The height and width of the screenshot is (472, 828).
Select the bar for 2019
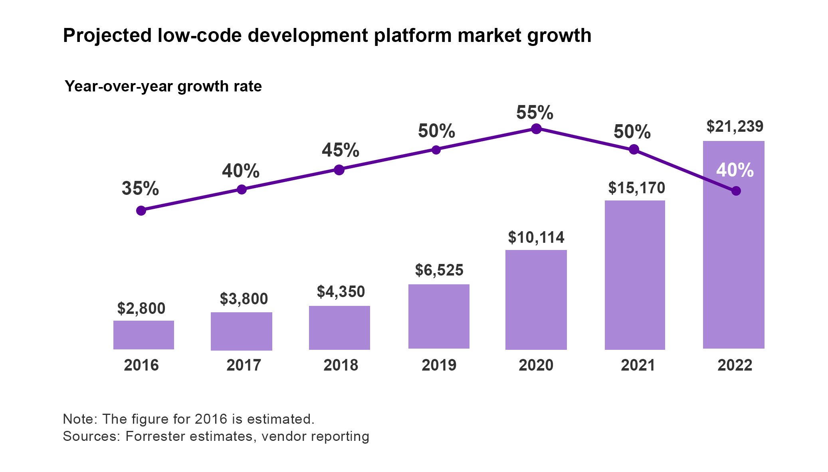pos(438,316)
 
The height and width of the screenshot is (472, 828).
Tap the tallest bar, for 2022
pos(733,260)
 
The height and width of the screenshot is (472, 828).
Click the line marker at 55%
pos(536,129)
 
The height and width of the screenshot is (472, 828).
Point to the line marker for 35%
pos(141,210)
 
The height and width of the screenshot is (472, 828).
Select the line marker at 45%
pos(339,170)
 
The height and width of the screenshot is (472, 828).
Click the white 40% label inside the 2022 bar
pos(735,170)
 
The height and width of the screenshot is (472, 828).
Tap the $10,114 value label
pos(536,238)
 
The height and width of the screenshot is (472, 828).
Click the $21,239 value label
pos(735,127)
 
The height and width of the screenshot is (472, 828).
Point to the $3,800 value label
pos(244,299)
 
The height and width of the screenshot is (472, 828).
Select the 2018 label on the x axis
pos(341,365)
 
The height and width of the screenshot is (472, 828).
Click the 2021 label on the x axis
pos(638,365)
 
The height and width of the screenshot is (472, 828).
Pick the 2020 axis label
pos(536,365)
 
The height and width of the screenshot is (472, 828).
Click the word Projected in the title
pos(107,36)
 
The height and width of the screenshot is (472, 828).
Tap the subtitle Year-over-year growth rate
pos(163,86)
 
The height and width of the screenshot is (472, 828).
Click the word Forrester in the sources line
pos(155,436)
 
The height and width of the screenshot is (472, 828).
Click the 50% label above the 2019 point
pos(436,131)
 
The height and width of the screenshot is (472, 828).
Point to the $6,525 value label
pos(439,270)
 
